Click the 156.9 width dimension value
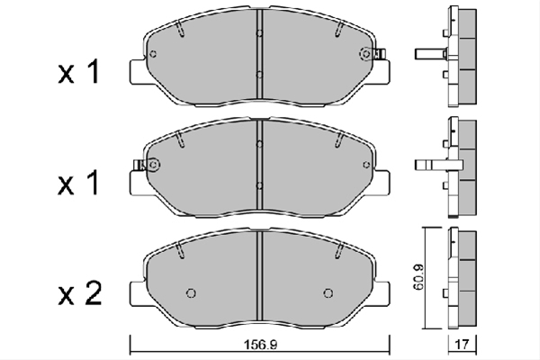tap(260, 344)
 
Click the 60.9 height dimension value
tap(420, 277)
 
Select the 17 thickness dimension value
tap(463, 344)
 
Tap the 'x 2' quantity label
tap(80, 294)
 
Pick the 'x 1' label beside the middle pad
tap(79, 183)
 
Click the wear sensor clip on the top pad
tap(380, 53)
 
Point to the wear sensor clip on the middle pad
tap(139, 165)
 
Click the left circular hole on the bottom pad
tap(191, 293)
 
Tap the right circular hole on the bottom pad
tap(328, 293)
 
